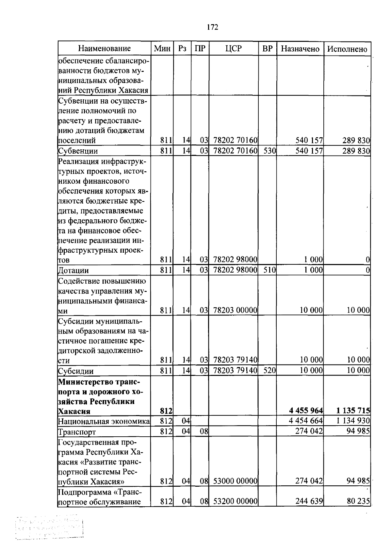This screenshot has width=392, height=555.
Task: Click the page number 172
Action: click(212, 27)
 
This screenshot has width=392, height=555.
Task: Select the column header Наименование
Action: click(104, 49)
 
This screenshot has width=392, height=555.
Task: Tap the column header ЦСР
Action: click(234, 49)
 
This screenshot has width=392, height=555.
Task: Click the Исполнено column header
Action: click(347, 49)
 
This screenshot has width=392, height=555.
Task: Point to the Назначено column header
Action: click(300, 49)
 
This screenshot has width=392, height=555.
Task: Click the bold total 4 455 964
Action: click(306, 411)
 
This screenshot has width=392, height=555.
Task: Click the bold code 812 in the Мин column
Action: click(166, 411)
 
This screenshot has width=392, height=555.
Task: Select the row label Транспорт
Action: click(77, 432)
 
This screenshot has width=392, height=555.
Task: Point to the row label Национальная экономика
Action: click(104, 421)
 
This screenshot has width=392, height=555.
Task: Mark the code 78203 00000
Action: click(235, 310)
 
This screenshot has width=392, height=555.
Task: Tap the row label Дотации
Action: click(73, 271)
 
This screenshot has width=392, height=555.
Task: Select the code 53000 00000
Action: click(235, 481)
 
